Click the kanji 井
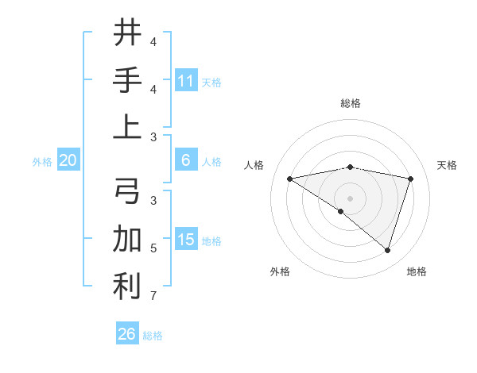pos(127,34)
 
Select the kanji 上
pos(127,125)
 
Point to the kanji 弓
pos(127,191)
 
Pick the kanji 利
pos(127,286)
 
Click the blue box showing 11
pos(186,80)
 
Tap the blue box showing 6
pos(186,160)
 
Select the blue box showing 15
pos(186,240)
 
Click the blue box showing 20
pos(68,160)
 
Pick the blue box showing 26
pos(126,334)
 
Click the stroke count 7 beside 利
pos(153,297)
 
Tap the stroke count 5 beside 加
pos(153,248)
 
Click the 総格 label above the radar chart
pos(350,103)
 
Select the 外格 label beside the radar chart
pos(280,271)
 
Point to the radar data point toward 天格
pos(411,179)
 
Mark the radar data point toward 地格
pos(387,250)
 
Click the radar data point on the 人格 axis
pos(289,179)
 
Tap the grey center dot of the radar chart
pos(350,197)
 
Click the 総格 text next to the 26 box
pos(153,336)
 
